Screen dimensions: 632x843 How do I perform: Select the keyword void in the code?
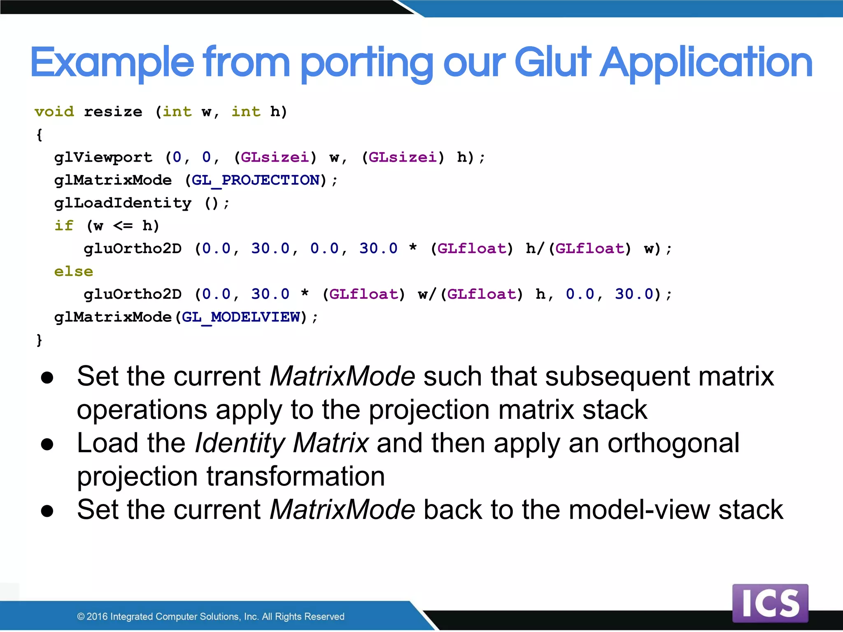pyautogui.click(x=54, y=112)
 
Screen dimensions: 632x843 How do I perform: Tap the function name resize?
pyautogui.click(x=113, y=112)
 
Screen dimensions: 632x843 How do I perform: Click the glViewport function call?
pyautogui.click(x=103, y=157)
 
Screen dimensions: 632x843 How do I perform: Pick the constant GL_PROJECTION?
pyautogui.click(x=256, y=180)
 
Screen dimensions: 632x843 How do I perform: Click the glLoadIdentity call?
pyautogui.click(x=123, y=203)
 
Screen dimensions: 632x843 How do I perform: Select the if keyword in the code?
pyautogui.click(x=64, y=225)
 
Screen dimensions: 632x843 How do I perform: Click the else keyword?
pyautogui.click(x=74, y=271)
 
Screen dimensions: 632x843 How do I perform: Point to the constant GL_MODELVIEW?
pyautogui.click(x=241, y=317)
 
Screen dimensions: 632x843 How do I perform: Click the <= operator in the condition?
pyautogui.click(x=123, y=225)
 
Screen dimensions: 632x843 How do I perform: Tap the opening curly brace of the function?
pyautogui.click(x=40, y=135)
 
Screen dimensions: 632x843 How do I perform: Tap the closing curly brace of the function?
pyautogui.click(x=40, y=340)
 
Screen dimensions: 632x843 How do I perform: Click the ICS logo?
pyautogui.click(x=770, y=603)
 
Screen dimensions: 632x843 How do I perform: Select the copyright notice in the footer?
pyautogui.click(x=210, y=616)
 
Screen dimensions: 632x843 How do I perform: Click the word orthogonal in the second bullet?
pyautogui.click(x=673, y=443)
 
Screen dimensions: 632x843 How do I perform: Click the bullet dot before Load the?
pyautogui.click(x=47, y=444)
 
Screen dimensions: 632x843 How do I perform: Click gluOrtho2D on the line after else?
pyautogui.click(x=133, y=294)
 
